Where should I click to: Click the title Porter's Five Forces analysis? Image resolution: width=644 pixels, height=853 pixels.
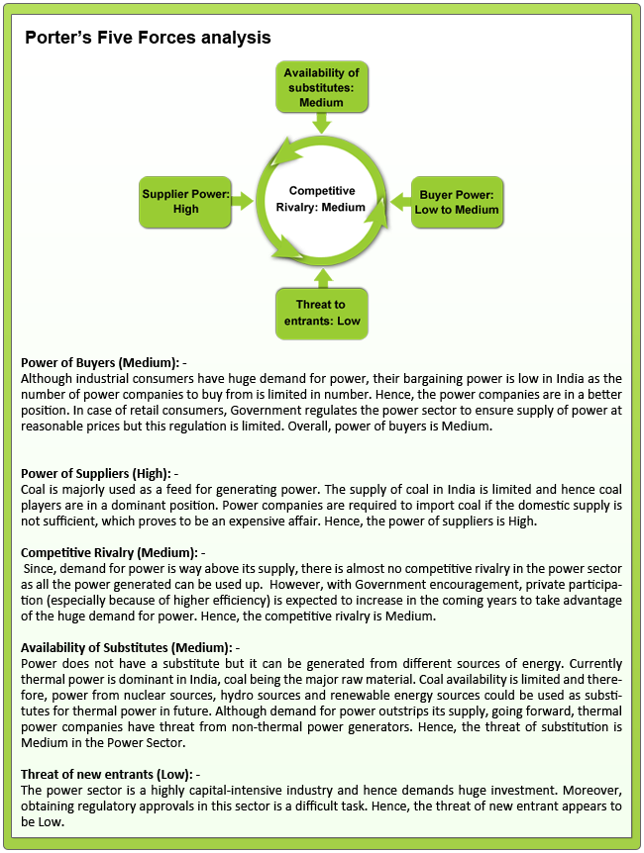coord(148,39)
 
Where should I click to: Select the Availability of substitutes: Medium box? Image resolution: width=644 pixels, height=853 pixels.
coord(321,87)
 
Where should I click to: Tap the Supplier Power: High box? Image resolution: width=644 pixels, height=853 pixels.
coord(185,201)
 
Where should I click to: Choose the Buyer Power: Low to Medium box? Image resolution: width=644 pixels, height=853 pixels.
coord(457,201)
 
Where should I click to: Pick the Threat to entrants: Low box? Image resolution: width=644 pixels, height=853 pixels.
coord(321,313)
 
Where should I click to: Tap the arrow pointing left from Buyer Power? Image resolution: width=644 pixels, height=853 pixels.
coord(398,201)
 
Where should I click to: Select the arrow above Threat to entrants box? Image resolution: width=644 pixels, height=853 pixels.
coord(321,276)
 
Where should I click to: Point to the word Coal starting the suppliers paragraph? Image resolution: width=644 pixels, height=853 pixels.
coord(34,489)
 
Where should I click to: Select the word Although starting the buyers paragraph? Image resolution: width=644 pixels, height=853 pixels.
coord(48,377)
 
